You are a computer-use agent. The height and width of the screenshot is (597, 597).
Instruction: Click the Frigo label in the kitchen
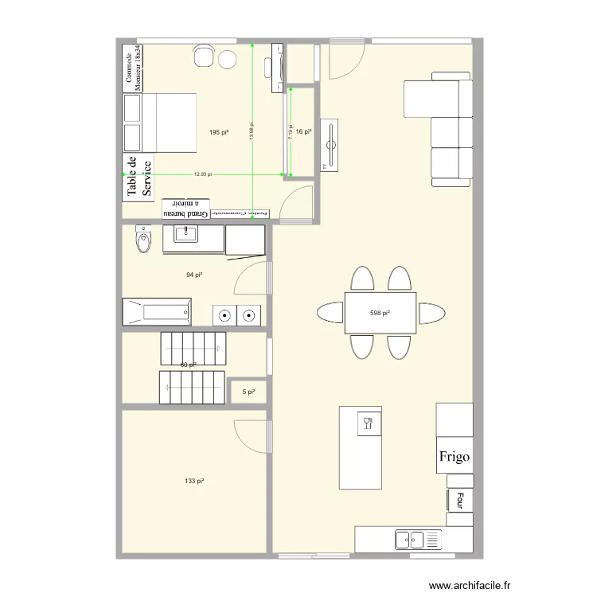[454, 458]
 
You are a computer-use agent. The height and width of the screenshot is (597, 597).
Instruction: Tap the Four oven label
[459, 500]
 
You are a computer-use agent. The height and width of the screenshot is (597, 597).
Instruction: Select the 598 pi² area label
[380, 313]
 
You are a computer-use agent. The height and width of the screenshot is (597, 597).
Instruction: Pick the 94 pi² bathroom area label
[193, 275]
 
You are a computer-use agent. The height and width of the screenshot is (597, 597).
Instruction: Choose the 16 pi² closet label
[302, 132]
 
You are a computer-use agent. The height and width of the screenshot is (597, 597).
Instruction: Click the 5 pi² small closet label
[248, 392]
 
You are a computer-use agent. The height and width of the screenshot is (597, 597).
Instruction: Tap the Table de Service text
[138, 177]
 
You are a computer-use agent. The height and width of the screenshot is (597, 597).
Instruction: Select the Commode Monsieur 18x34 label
[133, 67]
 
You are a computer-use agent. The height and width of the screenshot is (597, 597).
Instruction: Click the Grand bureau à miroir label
[186, 209]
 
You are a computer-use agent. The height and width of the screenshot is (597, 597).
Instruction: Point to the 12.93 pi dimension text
[202, 174]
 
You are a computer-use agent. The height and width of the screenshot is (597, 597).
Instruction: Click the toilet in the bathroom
[144, 240]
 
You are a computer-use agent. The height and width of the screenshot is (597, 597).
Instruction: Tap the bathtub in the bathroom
[157, 311]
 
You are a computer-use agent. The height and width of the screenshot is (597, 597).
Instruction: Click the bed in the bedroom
[159, 123]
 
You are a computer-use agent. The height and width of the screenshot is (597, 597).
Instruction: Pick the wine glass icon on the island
[368, 422]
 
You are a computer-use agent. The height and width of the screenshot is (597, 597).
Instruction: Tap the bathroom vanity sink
[189, 233]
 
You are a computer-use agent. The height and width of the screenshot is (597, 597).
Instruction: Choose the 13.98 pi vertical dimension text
[252, 132]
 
